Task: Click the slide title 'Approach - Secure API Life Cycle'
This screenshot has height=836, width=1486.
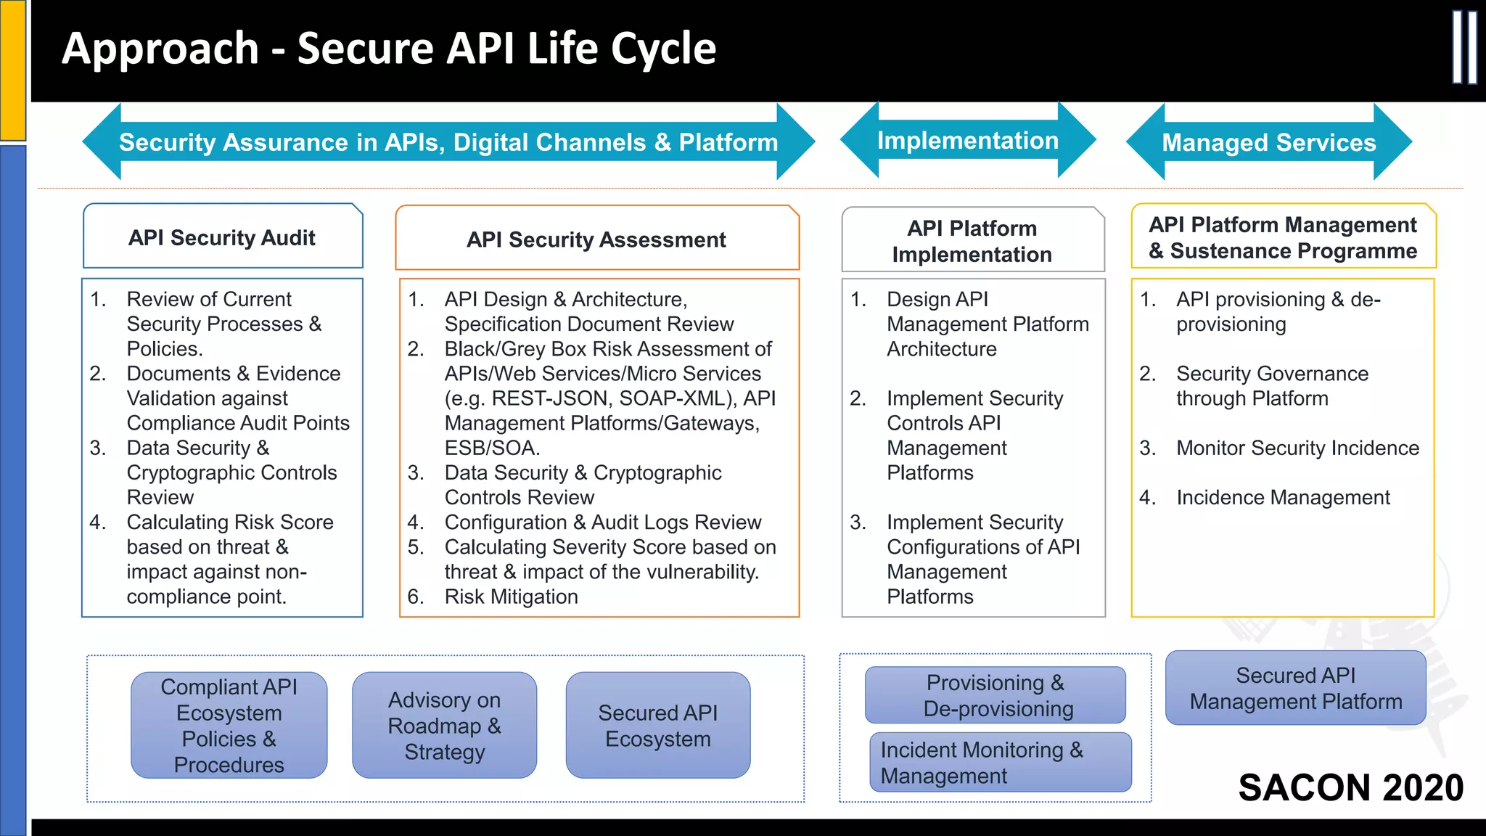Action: pyautogui.click(x=389, y=49)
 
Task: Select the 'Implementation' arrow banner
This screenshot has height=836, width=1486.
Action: pyautogui.click(x=967, y=141)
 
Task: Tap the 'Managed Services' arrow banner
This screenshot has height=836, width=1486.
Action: pyautogui.click(x=1268, y=142)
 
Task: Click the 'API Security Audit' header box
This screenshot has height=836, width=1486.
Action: pyautogui.click(x=222, y=237)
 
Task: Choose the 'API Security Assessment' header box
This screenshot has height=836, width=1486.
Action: pyautogui.click(x=596, y=239)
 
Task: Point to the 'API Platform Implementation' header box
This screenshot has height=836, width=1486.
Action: pyautogui.click(x=972, y=241)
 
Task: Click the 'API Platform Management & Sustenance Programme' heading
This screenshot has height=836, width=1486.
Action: pyautogui.click(x=1282, y=237)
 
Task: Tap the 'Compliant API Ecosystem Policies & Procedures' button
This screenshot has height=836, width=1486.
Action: pyautogui.click(x=229, y=725)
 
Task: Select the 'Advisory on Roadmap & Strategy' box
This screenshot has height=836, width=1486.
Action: pyautogui.click(x=444, y=725)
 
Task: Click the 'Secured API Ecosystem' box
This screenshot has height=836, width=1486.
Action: pyautogui.click(x=657, y=725)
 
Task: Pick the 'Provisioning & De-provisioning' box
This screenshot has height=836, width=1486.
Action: pyautogui.click(x=996, y=695)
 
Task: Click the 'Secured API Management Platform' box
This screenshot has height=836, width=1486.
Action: pyautogui.click(x=1295, y=688)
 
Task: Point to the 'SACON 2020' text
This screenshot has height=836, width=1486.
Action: pyautogui.click(x=1350, y=787)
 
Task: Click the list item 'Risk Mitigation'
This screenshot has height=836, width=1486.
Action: pyautogui.click(x=511, y=597)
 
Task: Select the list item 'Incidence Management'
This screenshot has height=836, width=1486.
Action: pyautogui.click(x=1282, y=497)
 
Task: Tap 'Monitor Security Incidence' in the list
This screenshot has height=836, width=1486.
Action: pyautogui.click(x=1297, y=448)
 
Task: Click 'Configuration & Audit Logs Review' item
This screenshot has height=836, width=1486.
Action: pyautogui.click(x=602, y=522)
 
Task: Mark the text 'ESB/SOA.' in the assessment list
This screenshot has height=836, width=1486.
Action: pyautogui.click(x=492, y=448)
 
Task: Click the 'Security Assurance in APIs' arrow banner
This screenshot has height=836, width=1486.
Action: pyautogui.click(x=448, y=142)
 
